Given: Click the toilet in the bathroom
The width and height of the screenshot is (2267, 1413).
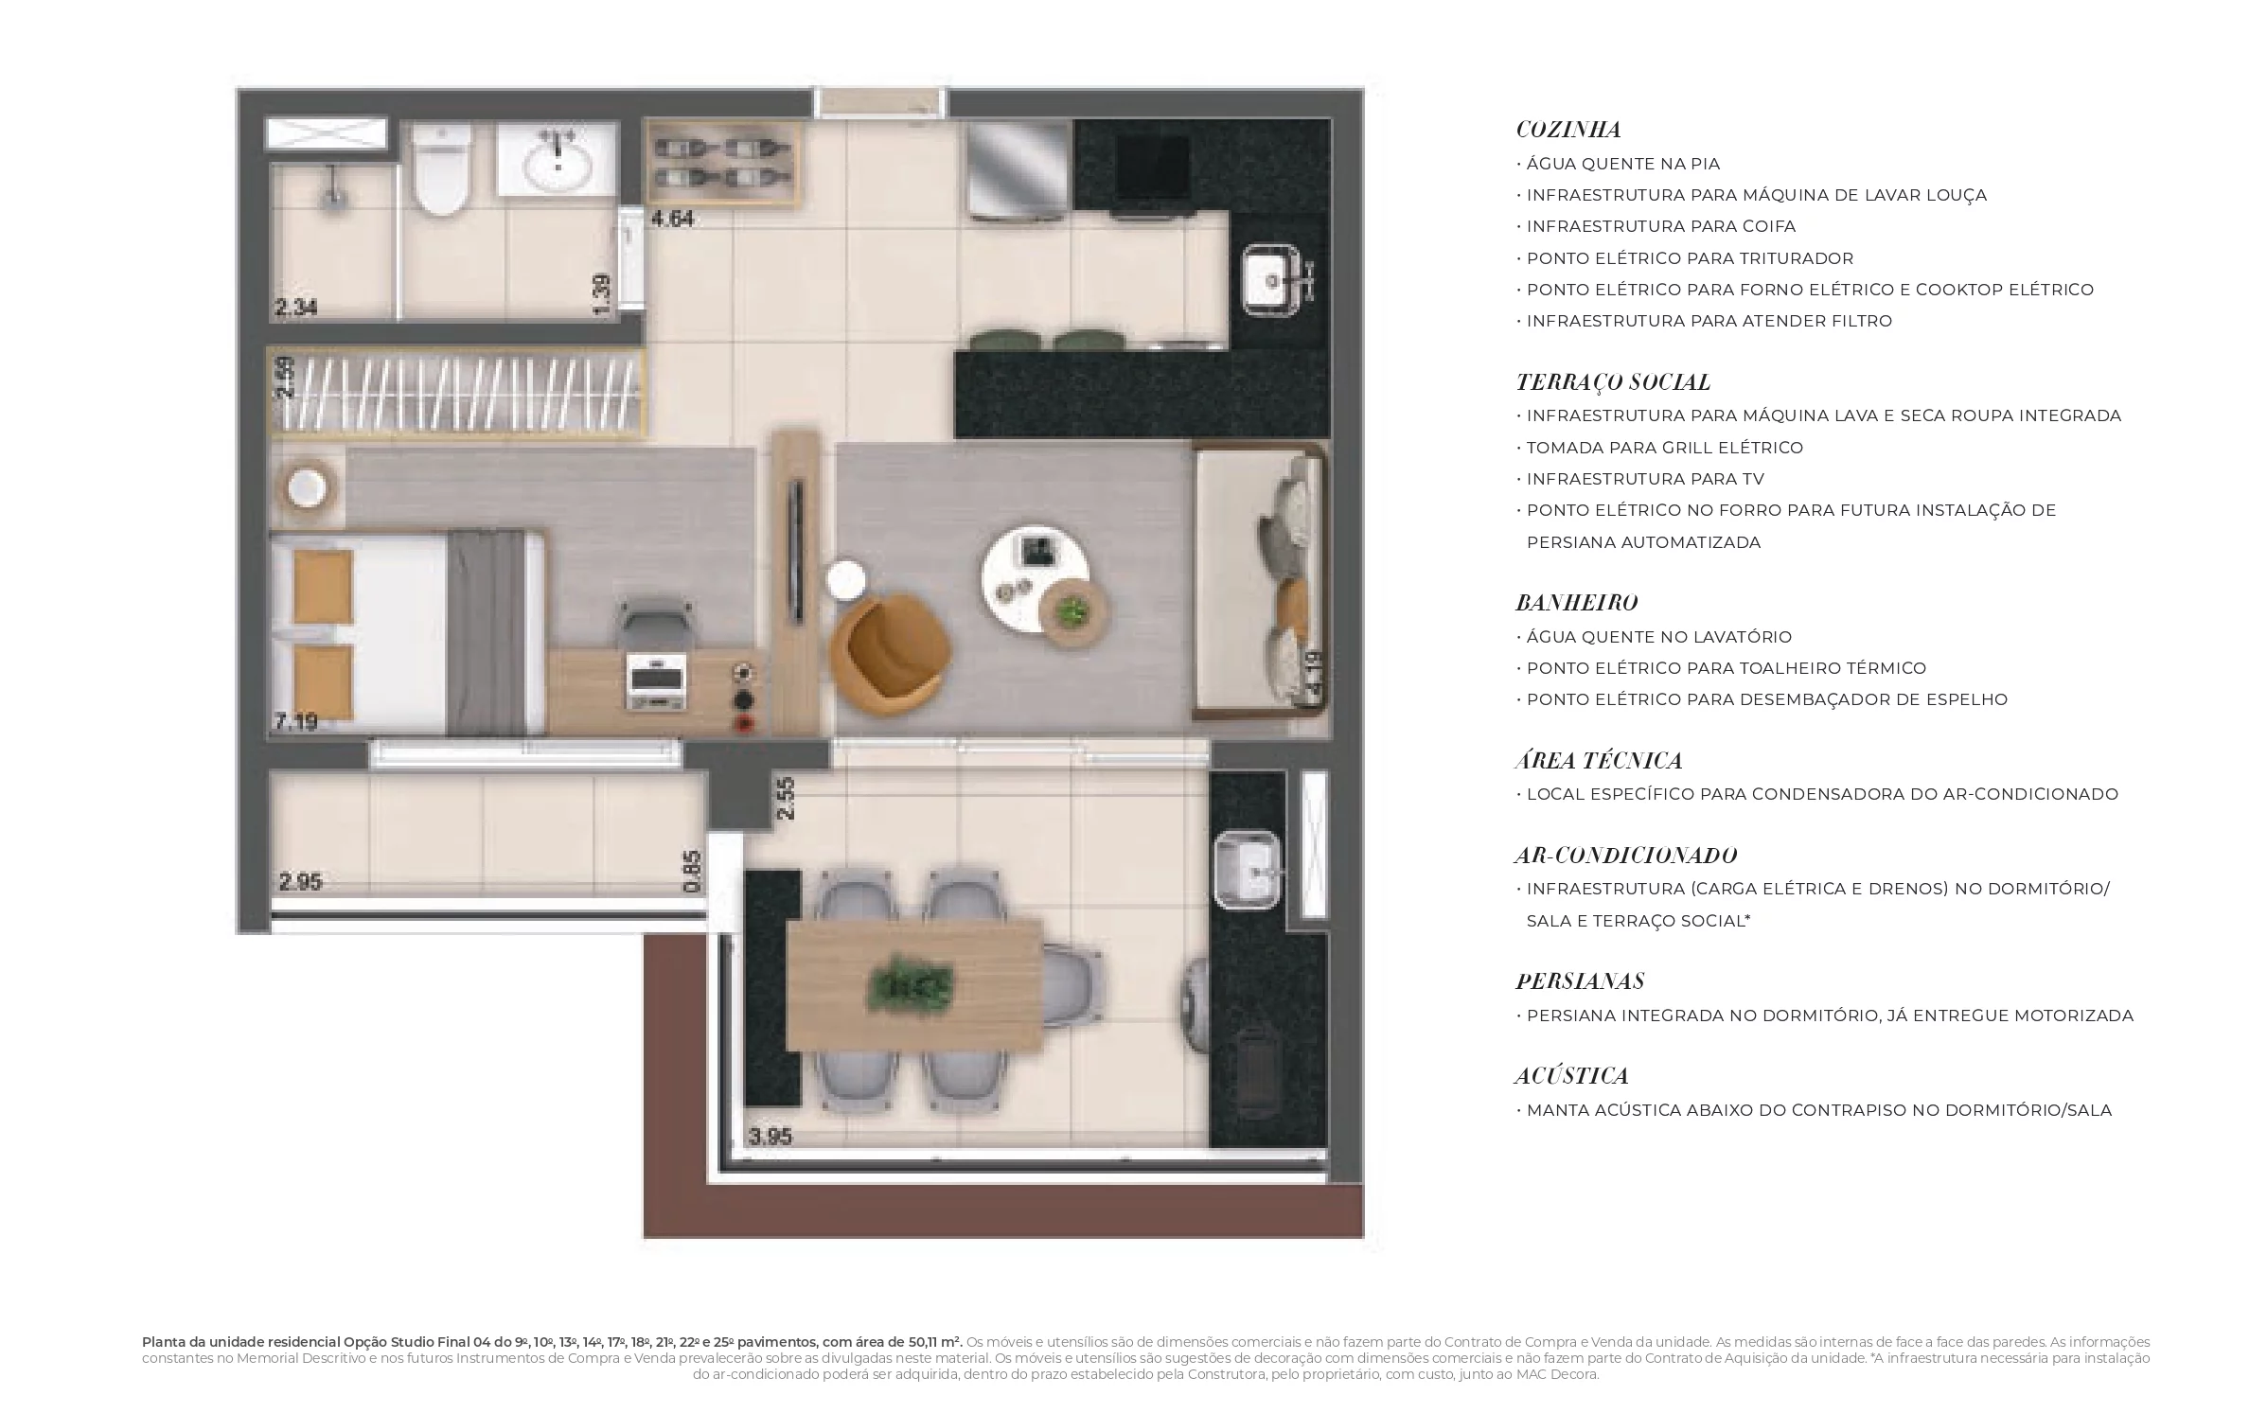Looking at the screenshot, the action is coord(442,170).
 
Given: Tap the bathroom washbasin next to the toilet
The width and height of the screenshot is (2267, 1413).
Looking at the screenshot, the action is coord(558,160).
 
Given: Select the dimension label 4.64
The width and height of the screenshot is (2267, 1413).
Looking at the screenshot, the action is coord(672,220).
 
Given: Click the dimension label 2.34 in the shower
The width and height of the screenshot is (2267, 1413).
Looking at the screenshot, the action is coord(295,308).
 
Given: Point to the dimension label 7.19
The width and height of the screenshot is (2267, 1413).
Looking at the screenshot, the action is coord(295,722).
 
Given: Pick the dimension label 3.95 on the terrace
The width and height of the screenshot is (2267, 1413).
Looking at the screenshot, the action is coord(770,1137).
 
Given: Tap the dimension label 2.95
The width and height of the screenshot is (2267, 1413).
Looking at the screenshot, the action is coord(300,882).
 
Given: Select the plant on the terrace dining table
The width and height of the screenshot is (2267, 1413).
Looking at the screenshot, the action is coord(910,984).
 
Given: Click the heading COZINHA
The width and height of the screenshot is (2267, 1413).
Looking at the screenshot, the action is coord(1568,130).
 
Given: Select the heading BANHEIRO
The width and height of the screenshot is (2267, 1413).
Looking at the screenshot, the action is coord(1576,603).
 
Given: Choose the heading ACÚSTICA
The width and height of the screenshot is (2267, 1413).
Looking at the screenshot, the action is coord(1571,1075).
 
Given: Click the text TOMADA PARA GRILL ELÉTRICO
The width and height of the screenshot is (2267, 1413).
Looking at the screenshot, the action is coord(1664,448).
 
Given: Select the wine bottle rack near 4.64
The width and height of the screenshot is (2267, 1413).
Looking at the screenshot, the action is coord(722,163).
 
